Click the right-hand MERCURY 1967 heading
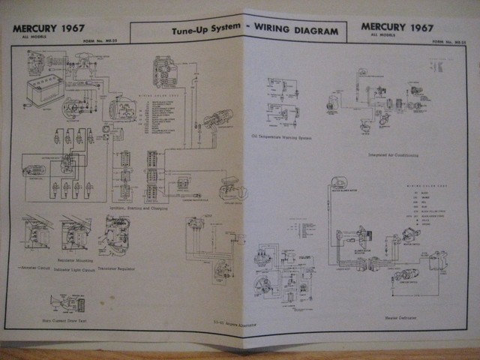point(397,28)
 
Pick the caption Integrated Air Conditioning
point(394,155)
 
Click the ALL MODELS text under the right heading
point(379,36)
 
